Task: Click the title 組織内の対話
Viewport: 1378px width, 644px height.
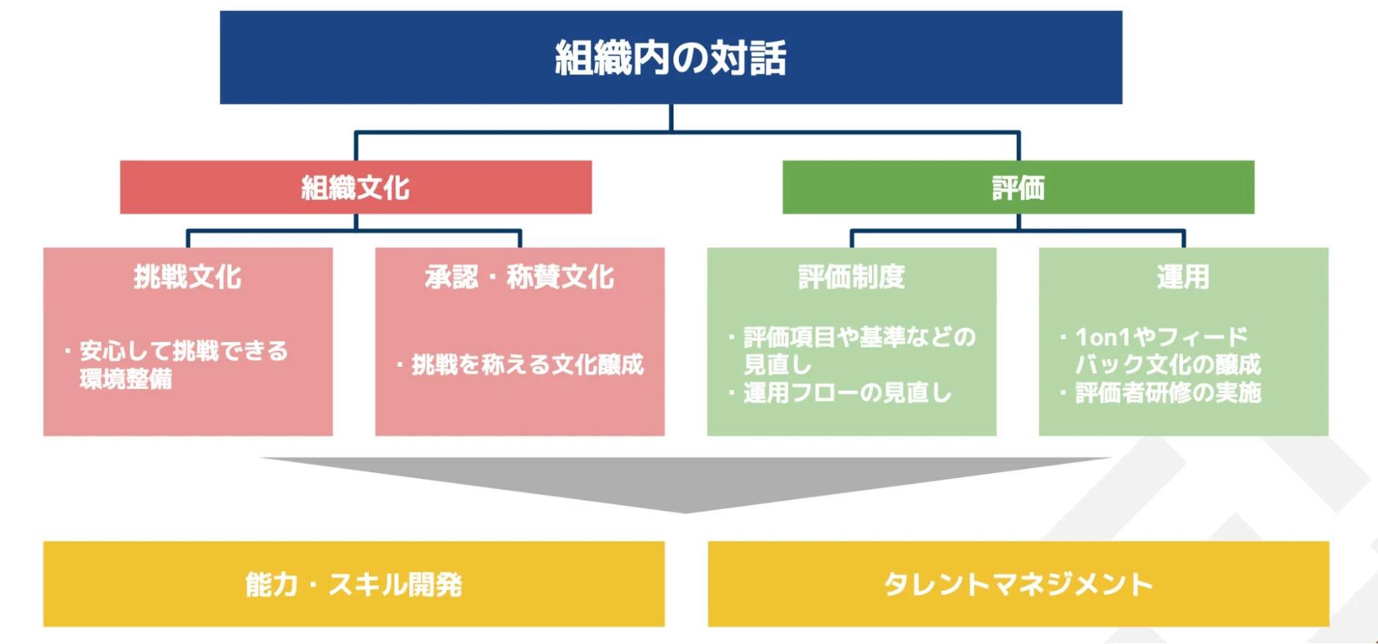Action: click(670, 58)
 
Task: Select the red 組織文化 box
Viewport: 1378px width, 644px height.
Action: click(355, 187)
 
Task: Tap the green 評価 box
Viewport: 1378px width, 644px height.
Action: click(1018, 187)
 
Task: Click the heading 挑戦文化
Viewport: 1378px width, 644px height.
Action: click(188, 277)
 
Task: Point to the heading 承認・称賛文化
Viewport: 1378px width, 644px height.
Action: click(519, 277)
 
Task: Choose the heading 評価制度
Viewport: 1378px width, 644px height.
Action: click(852, 277)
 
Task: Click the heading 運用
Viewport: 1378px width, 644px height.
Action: click(1183, 277)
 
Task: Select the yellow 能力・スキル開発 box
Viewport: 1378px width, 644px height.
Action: click(353, 585)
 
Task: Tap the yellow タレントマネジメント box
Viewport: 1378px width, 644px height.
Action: click(1018, 585)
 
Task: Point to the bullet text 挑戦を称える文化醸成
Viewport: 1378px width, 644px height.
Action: click(527, 365)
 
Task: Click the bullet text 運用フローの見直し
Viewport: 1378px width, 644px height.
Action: click(847, 393)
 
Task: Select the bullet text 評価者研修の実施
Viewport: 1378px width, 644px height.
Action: click(1168, 393)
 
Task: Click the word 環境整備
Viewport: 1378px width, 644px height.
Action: click(126, 380)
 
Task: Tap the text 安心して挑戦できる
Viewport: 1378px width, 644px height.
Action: click(184, 351)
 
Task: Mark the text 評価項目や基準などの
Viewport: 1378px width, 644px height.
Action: click(859, 337)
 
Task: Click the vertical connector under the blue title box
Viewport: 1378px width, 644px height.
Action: click(671, 118)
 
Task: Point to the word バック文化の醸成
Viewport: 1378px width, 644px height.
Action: click(1167, 365)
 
